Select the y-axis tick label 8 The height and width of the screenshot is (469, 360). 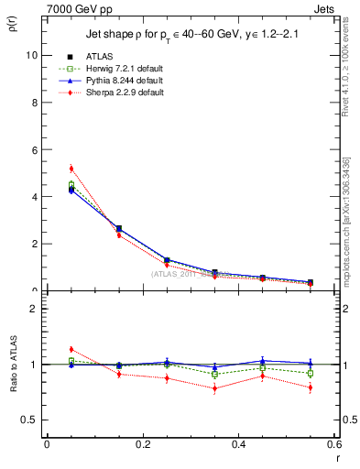pyautogui.click(x=33, y=103)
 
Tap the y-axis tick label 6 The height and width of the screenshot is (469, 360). pyautogui.click(x=33, y=149)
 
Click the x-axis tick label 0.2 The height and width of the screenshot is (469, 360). pyautogui.click(x=142, y=444)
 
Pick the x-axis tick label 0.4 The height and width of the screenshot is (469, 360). pyautogui.click(x=238, y=444)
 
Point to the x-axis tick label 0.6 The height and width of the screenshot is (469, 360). pyautogui.click(x=333, y=444)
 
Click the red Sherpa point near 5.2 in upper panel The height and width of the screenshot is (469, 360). pyautogui.click(x=71, y=169)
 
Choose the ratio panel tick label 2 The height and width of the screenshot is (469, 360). pyautogui.click(x=33, y=309)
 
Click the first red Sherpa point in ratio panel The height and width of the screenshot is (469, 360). pyautogui.click(x=71, y=349)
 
